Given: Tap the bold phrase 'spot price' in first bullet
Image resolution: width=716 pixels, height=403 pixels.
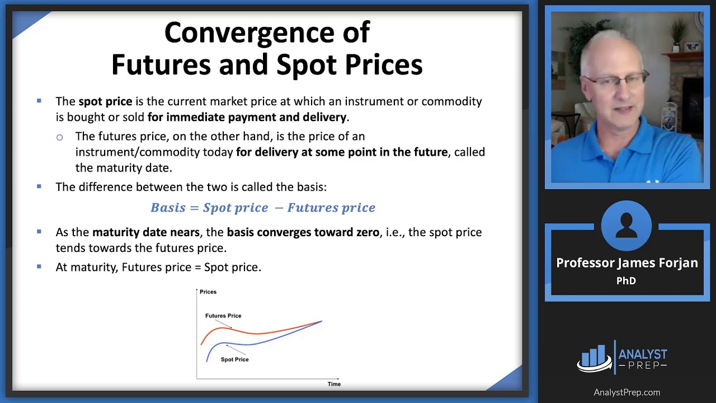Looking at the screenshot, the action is (x=105, y=102).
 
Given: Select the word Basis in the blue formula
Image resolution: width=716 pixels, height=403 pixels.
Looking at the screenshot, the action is (x=168, y=208).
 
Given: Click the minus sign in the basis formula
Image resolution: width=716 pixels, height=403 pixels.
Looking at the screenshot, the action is (x=279, y=208).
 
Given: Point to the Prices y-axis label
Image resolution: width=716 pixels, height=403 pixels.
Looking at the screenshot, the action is (x=208, y=292).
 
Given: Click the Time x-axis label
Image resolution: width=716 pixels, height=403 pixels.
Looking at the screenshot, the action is (x=334, y=384).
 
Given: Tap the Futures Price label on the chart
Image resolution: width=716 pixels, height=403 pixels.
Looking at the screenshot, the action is (x=223, y=316).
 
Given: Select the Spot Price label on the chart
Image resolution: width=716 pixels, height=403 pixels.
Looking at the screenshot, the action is (x=234, y=359).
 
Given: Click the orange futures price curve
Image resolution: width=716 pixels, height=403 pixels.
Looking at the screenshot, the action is (x=256, y=333).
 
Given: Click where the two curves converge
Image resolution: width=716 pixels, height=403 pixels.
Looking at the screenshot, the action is (x=321, y=321).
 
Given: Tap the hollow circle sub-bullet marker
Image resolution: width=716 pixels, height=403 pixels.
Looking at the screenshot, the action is (x=59, y=138).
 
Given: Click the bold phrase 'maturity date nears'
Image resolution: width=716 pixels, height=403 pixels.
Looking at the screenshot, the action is (x=146, y=232).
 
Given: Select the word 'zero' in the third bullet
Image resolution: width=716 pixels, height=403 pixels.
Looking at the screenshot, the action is (x=368, y=232).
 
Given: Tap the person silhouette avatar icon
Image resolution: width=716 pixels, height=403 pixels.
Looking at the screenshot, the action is (x=626, y=226).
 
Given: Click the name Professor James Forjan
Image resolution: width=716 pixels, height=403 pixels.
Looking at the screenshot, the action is (x=627, y=263).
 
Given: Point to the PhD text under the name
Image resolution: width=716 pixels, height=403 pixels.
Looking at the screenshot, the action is (x=626, y=280).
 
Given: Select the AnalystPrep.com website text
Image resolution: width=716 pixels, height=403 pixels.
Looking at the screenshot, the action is (x=627, y=392).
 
